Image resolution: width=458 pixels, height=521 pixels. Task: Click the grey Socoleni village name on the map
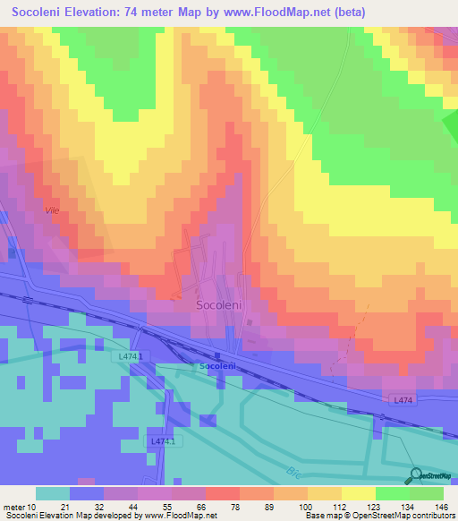[x=219, y=304]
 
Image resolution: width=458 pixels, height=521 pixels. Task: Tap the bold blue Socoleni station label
[x=217, y=366]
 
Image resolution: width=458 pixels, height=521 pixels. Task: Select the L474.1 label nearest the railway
[x=131, y=355]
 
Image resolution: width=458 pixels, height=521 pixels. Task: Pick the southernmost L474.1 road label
[x=165, y=441]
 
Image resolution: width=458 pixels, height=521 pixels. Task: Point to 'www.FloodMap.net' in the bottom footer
[x=181, y=515]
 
